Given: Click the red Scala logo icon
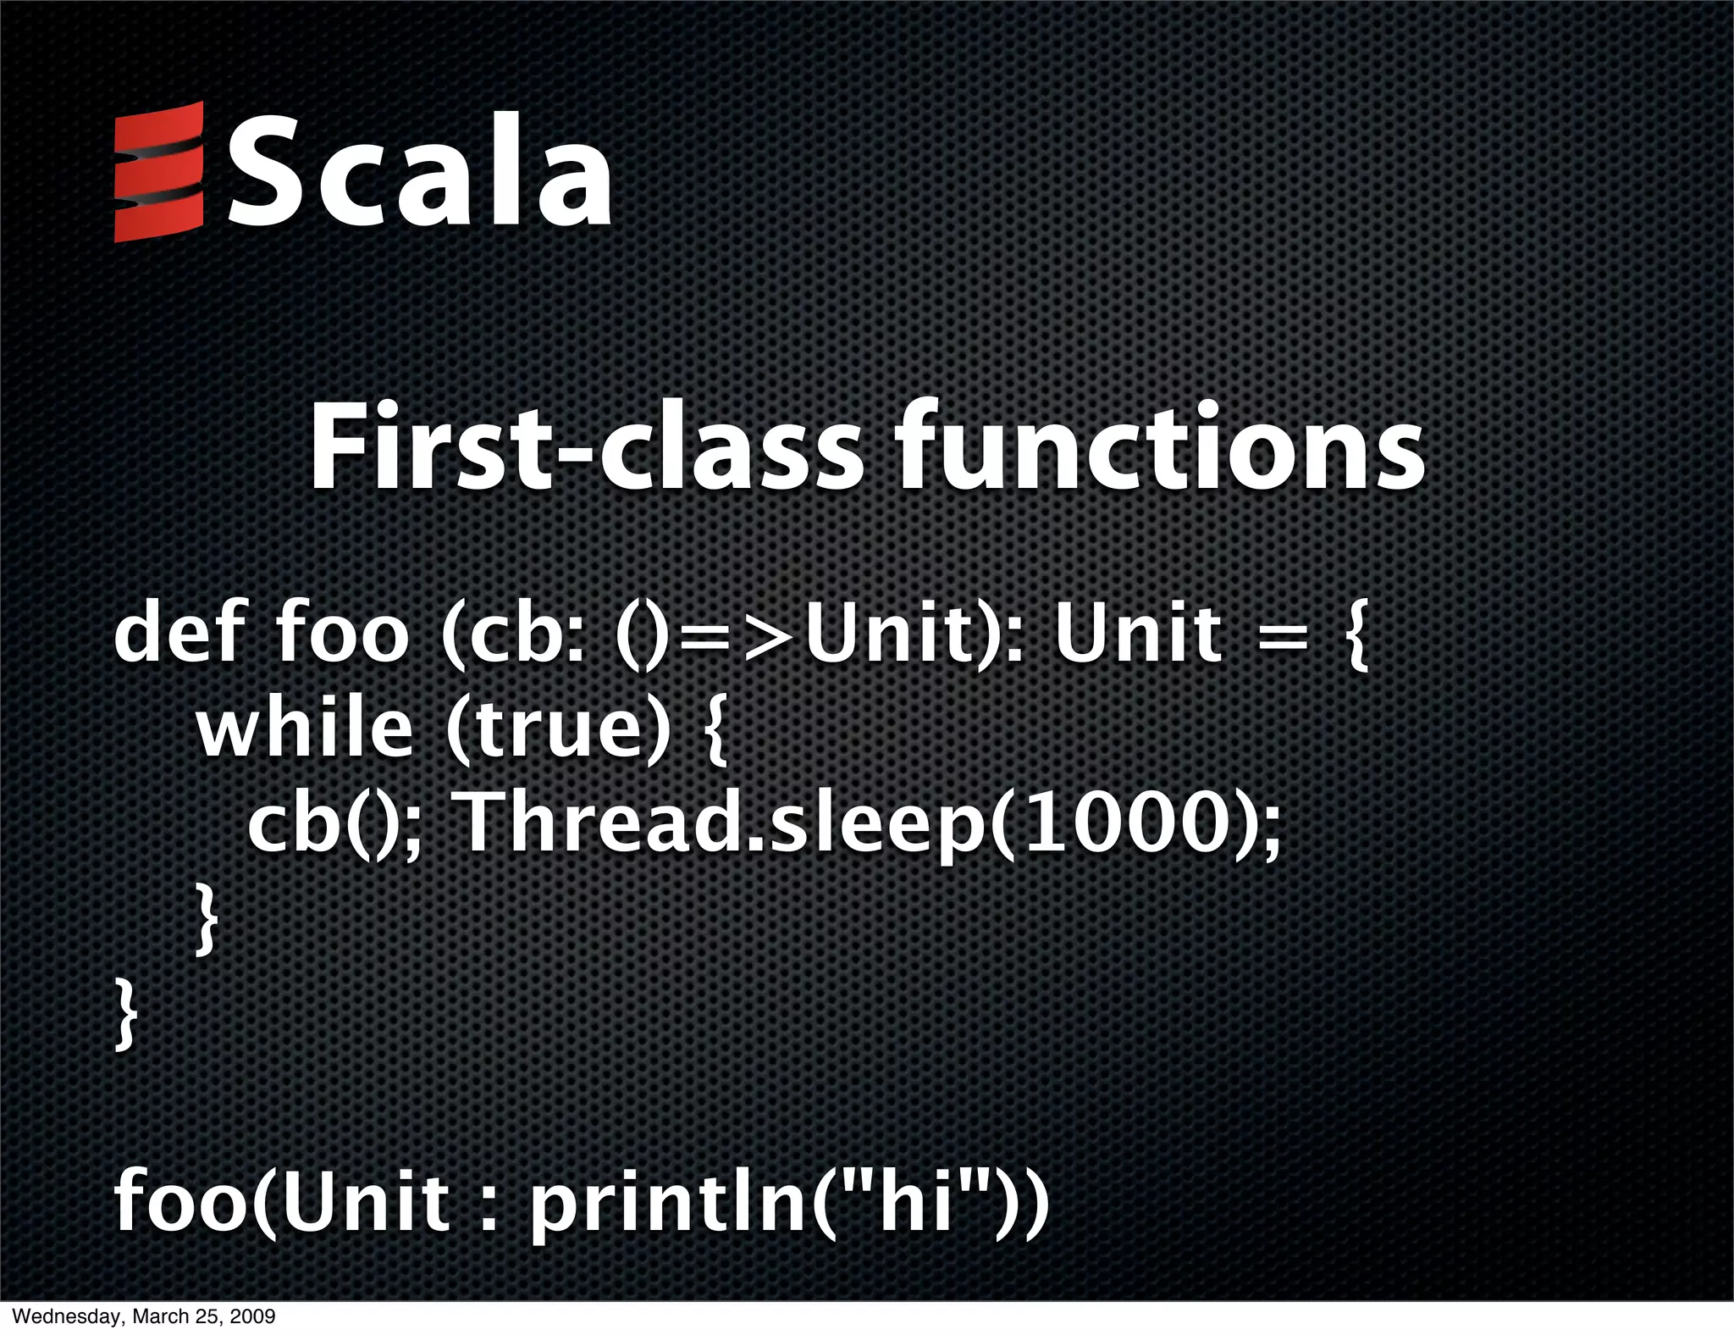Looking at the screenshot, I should (159, 172).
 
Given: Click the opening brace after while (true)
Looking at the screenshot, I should (714, 731).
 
